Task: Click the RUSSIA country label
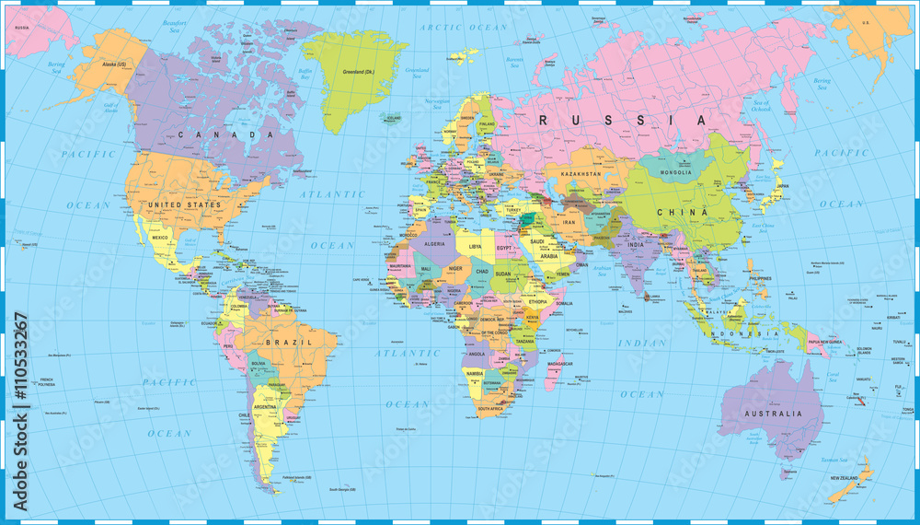(x=623, y=120)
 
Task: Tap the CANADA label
(x=225, y=134)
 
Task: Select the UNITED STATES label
(x=184, y=204)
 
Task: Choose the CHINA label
(x=680, y=212)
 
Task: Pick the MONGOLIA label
(x=675, y=172)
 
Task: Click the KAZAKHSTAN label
(x=576, y=174)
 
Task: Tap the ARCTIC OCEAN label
(x=464, y=28)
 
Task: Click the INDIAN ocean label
(x=640, y=344)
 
